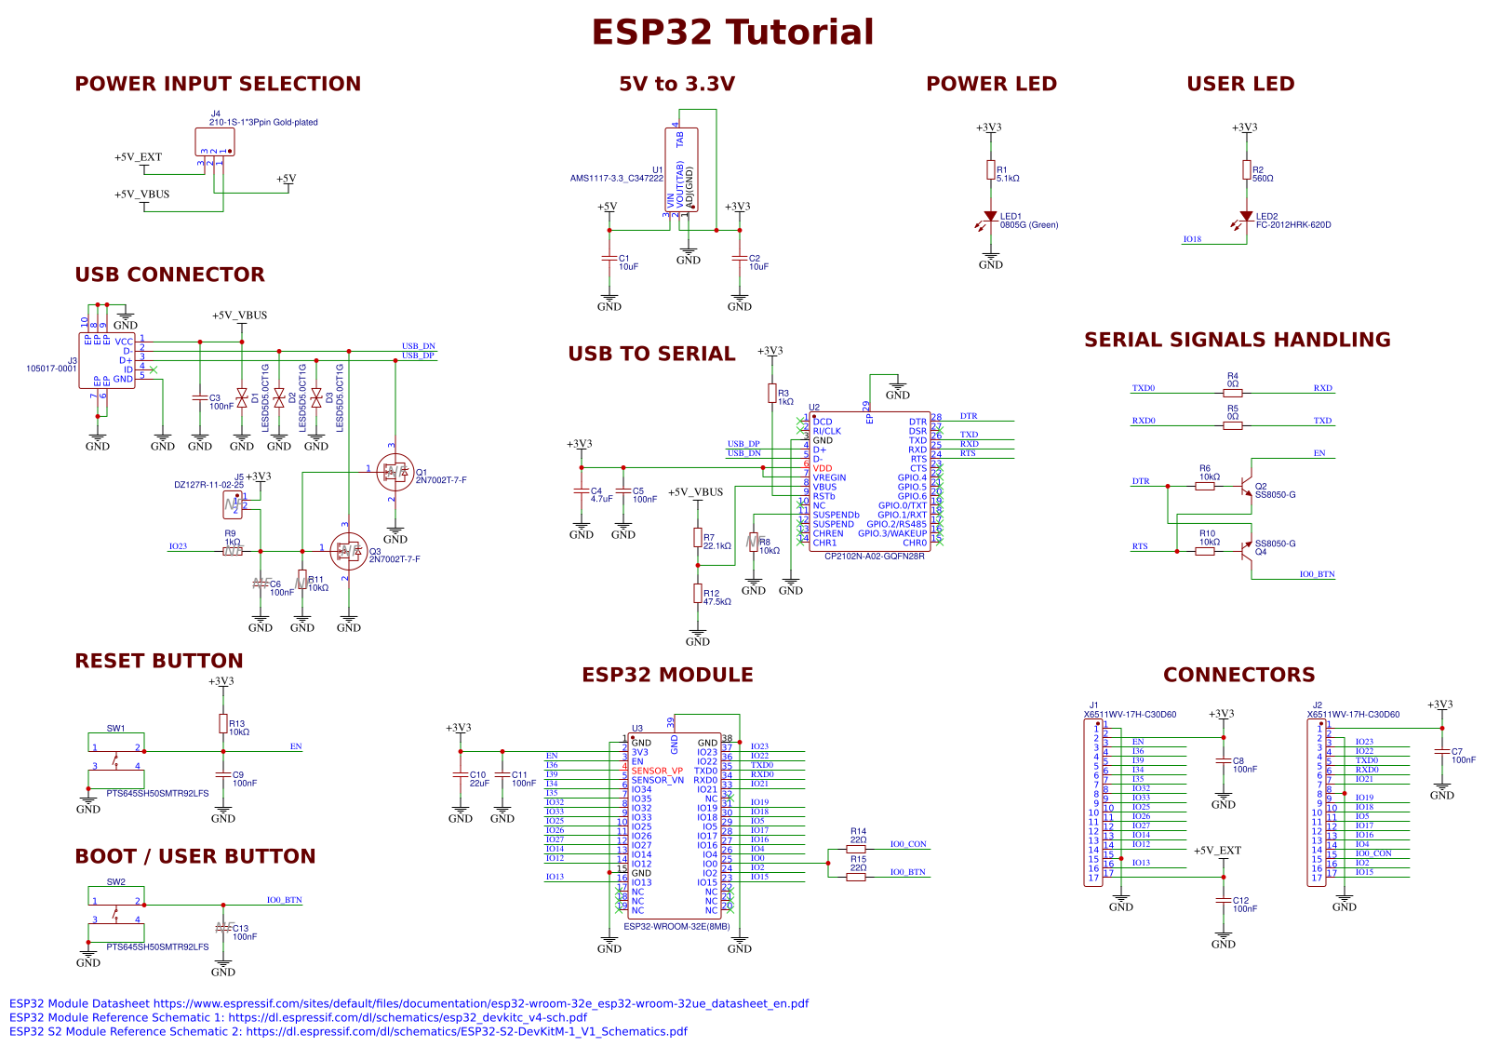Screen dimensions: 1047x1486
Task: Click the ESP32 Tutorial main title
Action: point(732,33)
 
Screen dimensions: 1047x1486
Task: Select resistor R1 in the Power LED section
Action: point(990,169)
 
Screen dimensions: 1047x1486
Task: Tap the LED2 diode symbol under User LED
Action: point(1246,217)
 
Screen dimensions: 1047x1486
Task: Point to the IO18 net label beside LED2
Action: point(1192,239)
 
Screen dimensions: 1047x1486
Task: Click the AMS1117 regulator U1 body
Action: point(681,169)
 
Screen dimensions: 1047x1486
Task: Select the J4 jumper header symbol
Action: point(215,142)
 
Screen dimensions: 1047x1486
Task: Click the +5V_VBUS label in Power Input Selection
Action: point(141,195)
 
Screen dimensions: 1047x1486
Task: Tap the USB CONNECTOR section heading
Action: point(169,275)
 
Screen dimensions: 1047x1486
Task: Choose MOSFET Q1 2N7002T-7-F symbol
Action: point(395,473)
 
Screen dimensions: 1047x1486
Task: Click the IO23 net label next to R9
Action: point(178,546)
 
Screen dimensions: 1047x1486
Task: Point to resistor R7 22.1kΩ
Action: point(697,537)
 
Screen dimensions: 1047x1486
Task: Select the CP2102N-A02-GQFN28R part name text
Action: point(874,557)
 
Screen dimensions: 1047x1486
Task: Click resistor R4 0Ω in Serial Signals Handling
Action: point(1232,393)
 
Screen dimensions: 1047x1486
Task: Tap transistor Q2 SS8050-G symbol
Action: point(1245,487)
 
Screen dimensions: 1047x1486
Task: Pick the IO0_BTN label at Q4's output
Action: point(1317,574)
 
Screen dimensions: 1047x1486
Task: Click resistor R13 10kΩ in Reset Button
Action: point(222,723)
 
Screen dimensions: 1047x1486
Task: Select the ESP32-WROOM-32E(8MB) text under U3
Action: point(676,927)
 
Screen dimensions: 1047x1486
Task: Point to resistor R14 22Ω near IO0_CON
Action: point(856,849)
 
